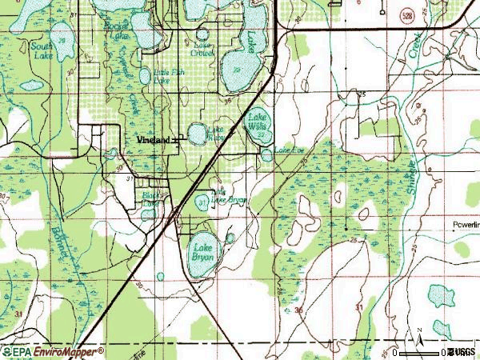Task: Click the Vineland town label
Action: (x=153, y=139)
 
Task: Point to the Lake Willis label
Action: (x=257, y=120)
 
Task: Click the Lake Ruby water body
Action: (x=197, y=134)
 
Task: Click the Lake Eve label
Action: (x=290, y=150)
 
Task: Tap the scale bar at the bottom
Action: (x=420, y=352)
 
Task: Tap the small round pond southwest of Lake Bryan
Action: (x=161, y=276)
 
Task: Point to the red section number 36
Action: (x=298, y=309)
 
